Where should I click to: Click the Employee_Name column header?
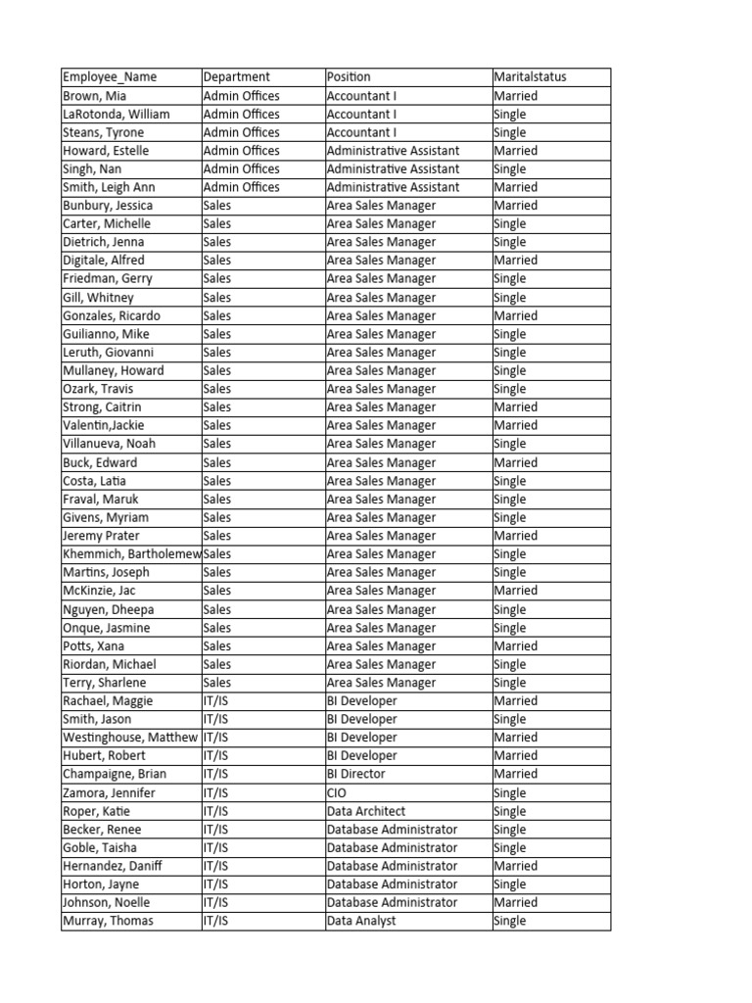110,77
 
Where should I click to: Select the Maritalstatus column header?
531,77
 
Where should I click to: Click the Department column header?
237,77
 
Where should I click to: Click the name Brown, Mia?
95,96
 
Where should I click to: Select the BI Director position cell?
356,774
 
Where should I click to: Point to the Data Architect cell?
366,811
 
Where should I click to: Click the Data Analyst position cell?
361,921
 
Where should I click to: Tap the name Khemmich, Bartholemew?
131,554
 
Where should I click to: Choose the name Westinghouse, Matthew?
130,738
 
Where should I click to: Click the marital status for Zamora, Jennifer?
510,793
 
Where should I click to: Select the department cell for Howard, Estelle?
241,151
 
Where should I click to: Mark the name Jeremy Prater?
102,536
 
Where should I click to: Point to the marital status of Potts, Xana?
516,646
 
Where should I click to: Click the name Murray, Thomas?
108,921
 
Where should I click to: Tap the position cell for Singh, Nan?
394,169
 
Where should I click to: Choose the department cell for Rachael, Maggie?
215,701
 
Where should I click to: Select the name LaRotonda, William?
117,115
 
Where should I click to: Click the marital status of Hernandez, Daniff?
516,866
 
